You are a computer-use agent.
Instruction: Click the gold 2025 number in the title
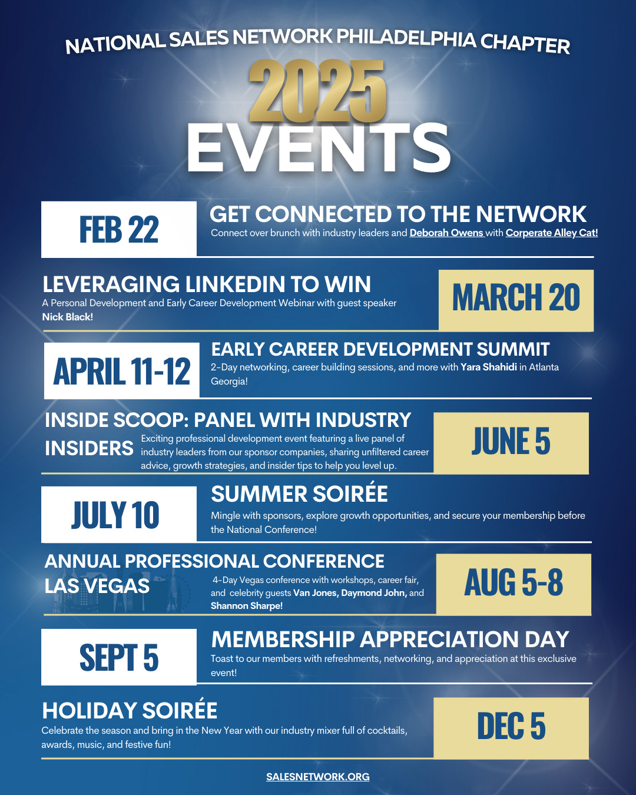[x=318, y=91]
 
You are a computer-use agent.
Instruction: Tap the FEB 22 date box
[x=118, y=230]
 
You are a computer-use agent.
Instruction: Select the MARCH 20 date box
[x=516, y=300]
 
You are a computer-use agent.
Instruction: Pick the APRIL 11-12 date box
[x=121, y=370]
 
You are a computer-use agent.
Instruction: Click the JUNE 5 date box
[x=511, y=443]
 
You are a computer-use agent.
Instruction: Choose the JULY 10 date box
[x=118, y=514]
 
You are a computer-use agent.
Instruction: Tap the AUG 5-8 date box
[x=514, y=584]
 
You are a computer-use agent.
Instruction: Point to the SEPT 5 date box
[x=118, y=657]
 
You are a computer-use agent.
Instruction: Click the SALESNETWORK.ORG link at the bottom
[x=318, y=776]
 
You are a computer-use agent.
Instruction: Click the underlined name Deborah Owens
[x=446, y=233]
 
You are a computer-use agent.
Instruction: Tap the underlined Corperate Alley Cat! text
[x=552, y=233]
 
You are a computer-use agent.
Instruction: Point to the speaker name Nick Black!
[x=68, y=317]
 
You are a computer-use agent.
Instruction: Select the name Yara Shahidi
[x=489, y=367]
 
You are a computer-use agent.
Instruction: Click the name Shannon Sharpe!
[x=247, y=606]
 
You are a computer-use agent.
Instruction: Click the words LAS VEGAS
[x=97, y=587]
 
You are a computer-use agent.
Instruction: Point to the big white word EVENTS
[x=319, y=148]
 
